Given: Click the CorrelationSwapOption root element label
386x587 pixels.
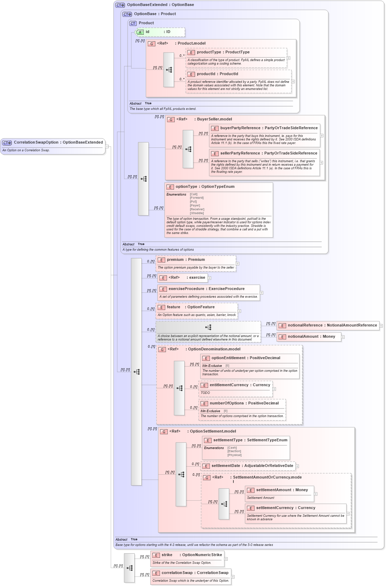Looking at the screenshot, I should [58, 143].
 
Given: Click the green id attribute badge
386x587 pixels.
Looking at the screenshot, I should [140, 32].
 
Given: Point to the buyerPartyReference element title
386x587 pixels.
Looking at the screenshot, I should [269, 128].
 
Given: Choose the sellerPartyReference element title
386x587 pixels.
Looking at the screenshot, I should [269, 153].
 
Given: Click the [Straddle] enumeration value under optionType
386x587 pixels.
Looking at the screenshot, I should [197, 213].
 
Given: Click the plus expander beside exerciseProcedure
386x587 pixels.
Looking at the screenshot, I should [262, 293].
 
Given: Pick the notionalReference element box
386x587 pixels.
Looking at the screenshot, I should [332, 325].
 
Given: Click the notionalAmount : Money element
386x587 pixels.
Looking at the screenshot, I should [311, 337].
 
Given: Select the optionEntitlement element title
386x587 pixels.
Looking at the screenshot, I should [246, 358].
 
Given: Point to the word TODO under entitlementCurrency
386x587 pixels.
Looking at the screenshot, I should [205, 393].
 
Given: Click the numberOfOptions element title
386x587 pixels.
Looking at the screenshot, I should [244, 403].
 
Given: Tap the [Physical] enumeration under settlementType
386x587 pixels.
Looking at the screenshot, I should [234, 455].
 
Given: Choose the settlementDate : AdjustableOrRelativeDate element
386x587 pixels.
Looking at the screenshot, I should [252, 466].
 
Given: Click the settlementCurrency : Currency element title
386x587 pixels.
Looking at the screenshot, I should [285, 508].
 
